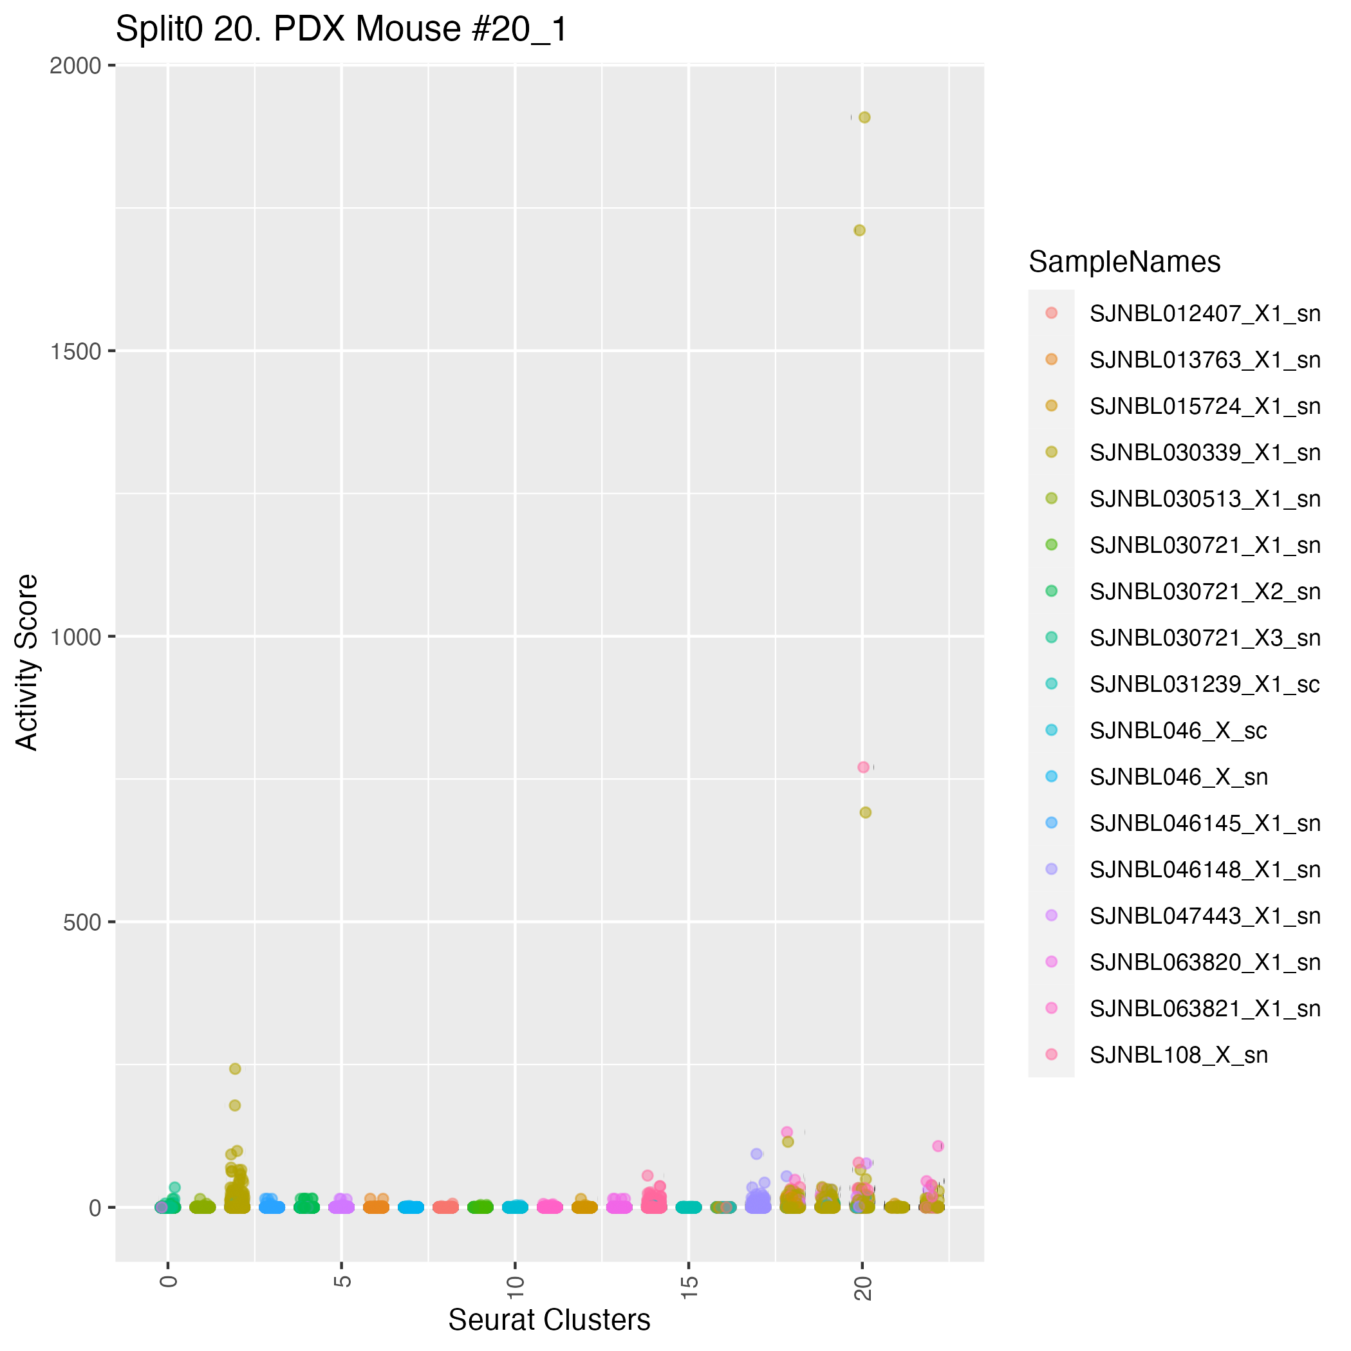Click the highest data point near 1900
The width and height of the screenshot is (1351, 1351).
tap(864, 118)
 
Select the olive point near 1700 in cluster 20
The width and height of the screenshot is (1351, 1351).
tap(859, 230)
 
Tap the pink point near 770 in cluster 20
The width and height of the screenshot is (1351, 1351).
tap(863, 767)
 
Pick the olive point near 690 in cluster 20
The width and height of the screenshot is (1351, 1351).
tap(865, 812)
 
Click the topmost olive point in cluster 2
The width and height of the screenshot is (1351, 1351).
tap(235, 1068)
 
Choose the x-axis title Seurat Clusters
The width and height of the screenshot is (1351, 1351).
tap(549, 1319)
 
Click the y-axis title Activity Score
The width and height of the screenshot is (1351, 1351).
tap(27, 662)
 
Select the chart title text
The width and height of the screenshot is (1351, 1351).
tap(341, 30)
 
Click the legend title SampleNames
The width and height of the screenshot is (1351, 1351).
tap(1124, 262)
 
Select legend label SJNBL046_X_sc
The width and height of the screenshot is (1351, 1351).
tap(1179, 731)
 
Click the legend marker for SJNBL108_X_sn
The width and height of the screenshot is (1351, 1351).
tap(1051, 1054)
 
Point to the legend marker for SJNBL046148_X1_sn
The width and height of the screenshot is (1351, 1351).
tap(1051, 869)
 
